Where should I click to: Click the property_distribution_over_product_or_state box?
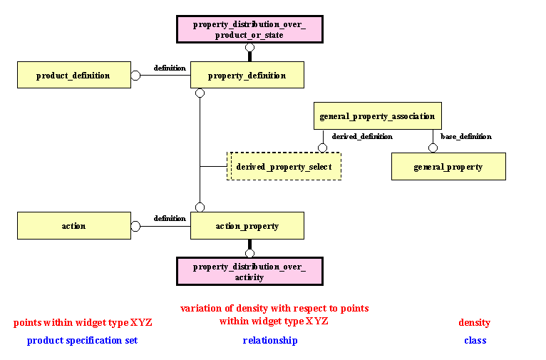point(249,29)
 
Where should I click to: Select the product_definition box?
point(73,75)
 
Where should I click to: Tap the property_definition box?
point(247,75)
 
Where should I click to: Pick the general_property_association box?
point(377,115)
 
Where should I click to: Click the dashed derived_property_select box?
point(284,166)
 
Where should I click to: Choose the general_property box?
point(448,166)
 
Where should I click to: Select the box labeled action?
point(73,225)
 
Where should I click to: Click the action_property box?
point(247,225)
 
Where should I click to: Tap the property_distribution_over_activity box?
point(249,272)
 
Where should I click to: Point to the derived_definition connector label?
point(362,136)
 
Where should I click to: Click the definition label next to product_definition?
point(170,68)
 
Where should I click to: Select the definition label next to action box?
point(170,218)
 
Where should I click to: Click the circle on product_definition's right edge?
point(135,75)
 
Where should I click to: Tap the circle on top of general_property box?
point(432,148)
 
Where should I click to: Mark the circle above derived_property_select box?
point(322,148)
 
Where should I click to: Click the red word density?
point(474,322)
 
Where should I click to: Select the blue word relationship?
point(270,340)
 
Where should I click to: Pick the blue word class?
point(475,340)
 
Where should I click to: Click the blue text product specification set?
point(82,340)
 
